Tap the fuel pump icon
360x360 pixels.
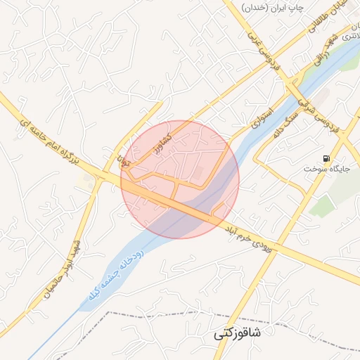coord(326,158)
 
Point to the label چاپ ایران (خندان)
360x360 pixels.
coord(272,7)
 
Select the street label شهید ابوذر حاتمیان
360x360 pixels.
coord(66,271)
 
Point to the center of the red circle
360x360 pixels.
coord(180,179)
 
